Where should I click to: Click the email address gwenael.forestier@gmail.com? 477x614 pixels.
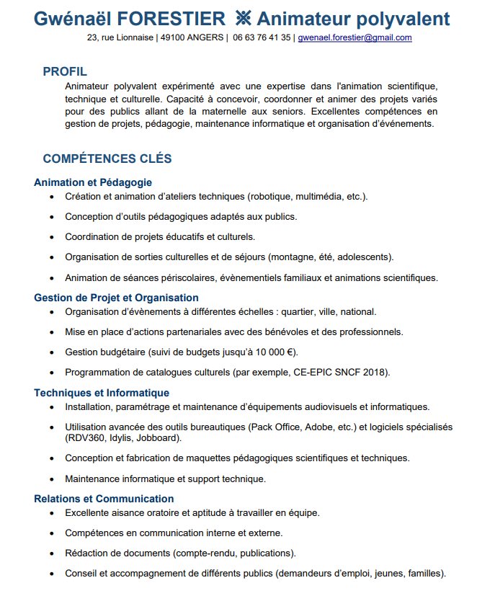tap(355, 37)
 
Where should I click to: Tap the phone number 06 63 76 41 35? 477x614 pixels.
tap(262, 37)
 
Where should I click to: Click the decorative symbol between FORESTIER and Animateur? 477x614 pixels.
tap(243, 19)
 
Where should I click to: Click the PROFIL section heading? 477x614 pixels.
tap(65, 71)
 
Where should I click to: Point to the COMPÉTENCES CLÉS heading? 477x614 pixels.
tap(107, 159)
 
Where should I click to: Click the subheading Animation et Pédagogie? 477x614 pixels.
tap(93, 182)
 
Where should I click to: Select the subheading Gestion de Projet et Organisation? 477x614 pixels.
tap(116, 298)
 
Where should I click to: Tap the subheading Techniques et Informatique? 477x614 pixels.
tap(102, 393)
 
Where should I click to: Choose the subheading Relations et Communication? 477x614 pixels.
tap(104, 499)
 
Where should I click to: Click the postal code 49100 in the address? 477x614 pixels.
tap(173, 37)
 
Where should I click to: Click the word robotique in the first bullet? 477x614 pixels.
tap(269, 197)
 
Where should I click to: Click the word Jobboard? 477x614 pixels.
tap(160, 437)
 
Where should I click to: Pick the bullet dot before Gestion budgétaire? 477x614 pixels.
tap(51, 353)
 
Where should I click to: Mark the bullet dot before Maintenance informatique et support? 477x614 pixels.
tap(51, 479)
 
